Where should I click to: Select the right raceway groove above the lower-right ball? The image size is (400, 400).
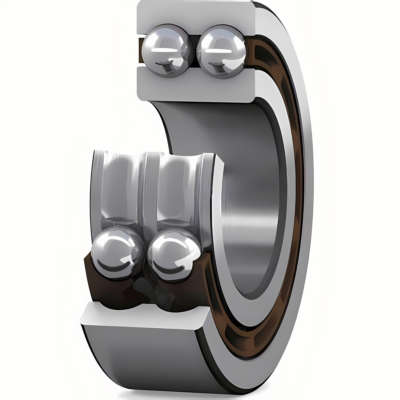pos(177,190)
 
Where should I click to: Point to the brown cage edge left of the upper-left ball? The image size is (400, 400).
pos(140,51)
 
